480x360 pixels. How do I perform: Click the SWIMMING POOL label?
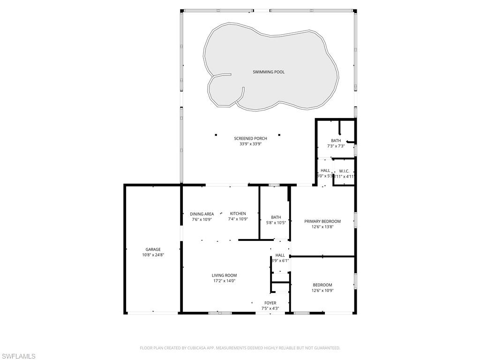[269, 72]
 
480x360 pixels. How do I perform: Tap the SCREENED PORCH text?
[250, 138]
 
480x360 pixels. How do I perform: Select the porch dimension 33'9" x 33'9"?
[250, 144]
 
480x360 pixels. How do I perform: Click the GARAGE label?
[153, 249]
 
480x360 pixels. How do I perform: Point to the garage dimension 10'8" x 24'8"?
[153, 255]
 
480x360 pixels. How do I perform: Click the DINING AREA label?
[202, 214]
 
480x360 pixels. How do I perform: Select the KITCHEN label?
[238, 213]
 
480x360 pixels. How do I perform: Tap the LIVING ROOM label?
[224, 275]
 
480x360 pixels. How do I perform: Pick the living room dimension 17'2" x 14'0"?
[224, 281]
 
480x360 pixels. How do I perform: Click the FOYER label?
[270, 303]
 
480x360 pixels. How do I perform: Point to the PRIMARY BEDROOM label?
[322, 221]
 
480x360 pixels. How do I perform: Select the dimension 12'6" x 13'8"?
[322, 227]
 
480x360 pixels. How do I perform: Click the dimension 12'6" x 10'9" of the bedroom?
[322, 290]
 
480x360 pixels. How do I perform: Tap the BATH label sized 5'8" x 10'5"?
[276, 217]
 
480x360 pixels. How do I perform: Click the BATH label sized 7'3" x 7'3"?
[336, 141]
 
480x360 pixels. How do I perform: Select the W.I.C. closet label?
[344, 171]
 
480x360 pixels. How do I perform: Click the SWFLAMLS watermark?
[18, 356]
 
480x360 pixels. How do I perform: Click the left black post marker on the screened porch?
[216, 135]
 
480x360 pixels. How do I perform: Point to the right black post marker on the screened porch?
[279, 135]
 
